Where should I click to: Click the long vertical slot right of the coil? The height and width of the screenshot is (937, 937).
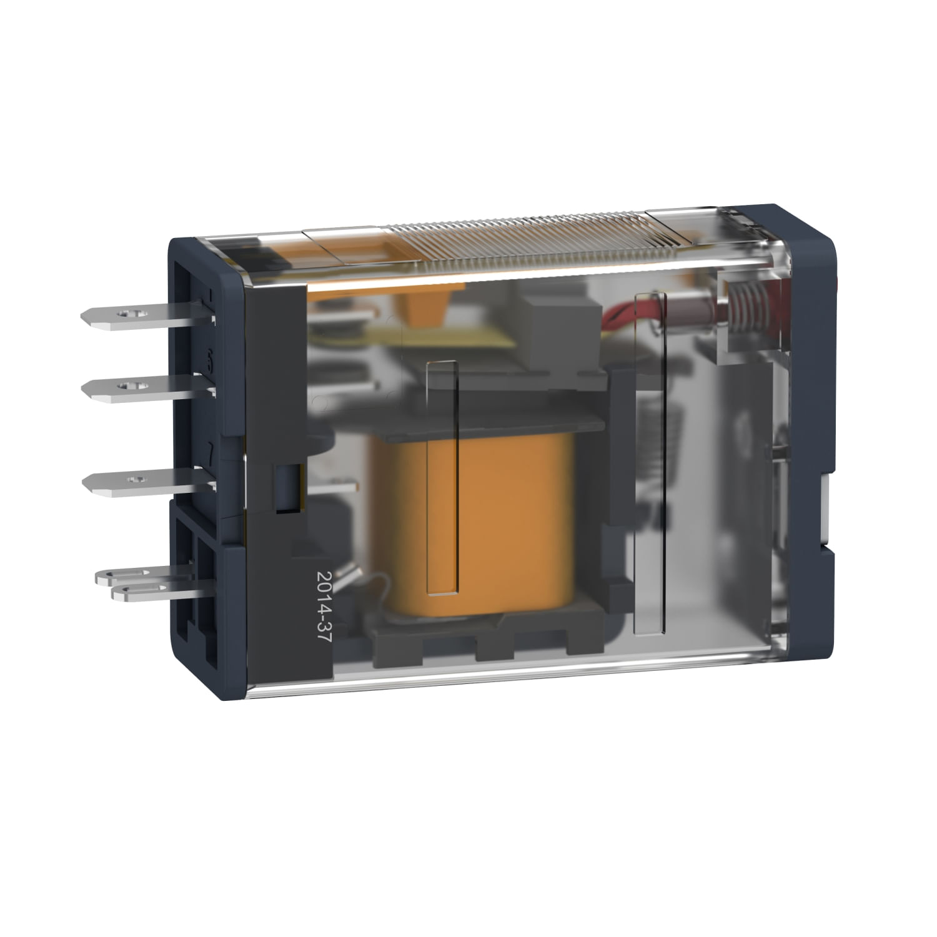pos(650,462)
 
